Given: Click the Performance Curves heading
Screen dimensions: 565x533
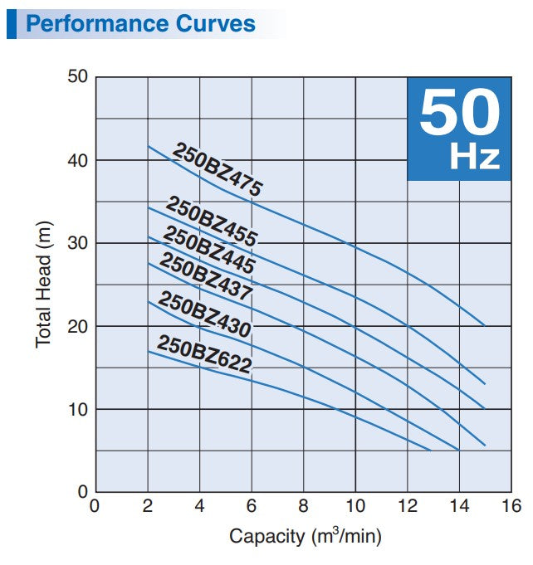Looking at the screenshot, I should (140, 22).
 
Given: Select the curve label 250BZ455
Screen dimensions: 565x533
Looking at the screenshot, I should (212, 221).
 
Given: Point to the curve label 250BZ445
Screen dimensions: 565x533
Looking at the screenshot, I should (208, 250).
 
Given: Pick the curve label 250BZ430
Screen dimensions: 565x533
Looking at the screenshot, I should (204, 314).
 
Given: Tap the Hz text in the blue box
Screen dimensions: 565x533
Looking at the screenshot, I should (475, 158).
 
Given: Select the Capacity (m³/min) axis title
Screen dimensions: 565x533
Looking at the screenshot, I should (305, 537).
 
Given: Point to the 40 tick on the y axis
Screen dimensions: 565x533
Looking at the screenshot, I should (78, 159).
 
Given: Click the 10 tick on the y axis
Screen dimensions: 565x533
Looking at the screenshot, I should (78, 409).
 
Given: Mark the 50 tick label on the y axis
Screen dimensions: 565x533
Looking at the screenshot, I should (78, 77).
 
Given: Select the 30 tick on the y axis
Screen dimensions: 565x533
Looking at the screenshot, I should (78, 243).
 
